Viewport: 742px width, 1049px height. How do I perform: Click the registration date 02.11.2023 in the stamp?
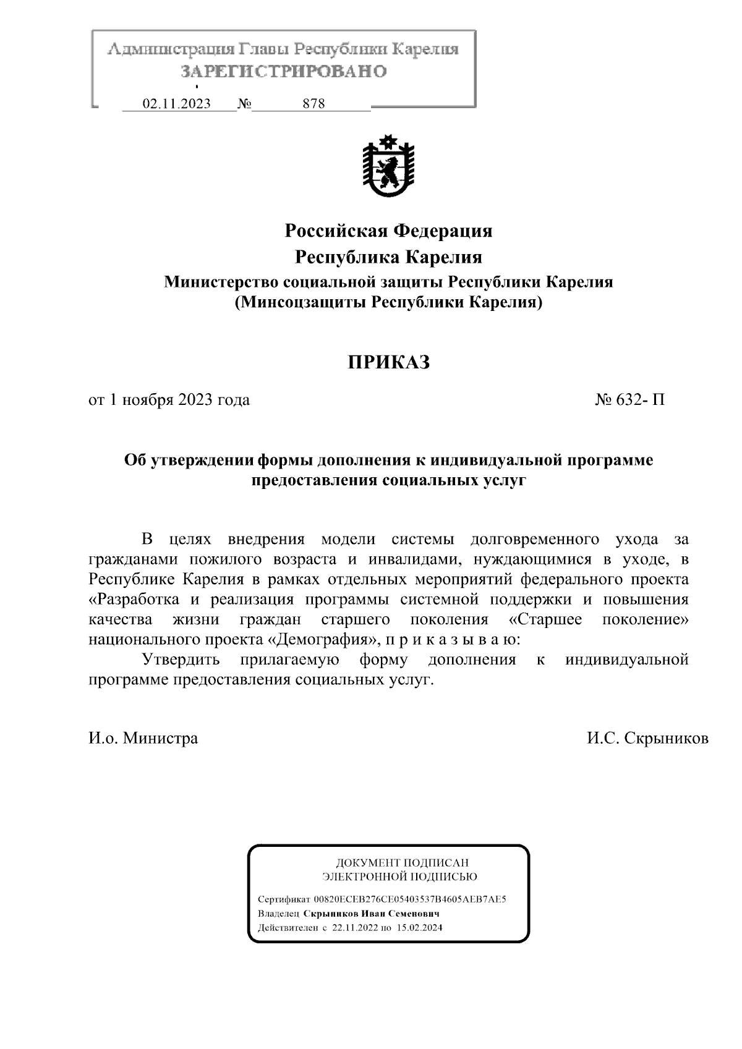(x=176, y=104)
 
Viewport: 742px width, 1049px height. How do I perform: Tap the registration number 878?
(x=313, y=104)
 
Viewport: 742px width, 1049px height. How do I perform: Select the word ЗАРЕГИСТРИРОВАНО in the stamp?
(x=284, y=72)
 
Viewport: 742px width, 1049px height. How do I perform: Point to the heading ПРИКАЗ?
(x=388, y=362)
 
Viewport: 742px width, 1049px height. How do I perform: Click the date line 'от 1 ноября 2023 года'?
(x=169, y=400)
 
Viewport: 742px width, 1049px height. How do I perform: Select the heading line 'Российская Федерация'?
(x=388, y=231)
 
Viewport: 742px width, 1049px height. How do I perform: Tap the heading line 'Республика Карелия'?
(x=388, y=257)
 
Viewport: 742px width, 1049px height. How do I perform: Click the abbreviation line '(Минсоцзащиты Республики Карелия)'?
(x=388, y=303)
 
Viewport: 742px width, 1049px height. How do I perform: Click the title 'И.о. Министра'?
(x=143, y=738)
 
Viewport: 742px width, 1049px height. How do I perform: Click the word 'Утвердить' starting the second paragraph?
(x=181, y=660)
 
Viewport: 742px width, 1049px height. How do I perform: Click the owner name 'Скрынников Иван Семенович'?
(x=372, y=914)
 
